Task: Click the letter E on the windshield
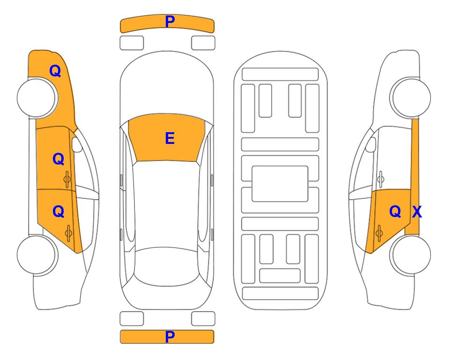(170, 138)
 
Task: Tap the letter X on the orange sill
(417, 212)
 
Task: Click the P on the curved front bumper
(170, 22)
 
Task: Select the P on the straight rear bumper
(170, 337)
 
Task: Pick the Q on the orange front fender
(55, 71)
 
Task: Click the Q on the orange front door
(59, 159)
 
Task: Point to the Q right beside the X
(395, 212)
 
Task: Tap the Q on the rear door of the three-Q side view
(59, 212)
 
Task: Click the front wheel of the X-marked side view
(410, 97)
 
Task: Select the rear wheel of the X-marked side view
(410, 255)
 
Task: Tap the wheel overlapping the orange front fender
(37, 97)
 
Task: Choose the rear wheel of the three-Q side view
(37, 255)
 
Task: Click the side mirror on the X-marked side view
(370, 144)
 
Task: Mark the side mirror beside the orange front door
(77, 144)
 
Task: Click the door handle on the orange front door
(67, 179)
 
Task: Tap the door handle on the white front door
(381, 179)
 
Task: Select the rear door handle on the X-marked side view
(379, 233)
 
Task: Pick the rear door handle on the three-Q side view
(68, 233)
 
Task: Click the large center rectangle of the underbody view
(280, 184)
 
